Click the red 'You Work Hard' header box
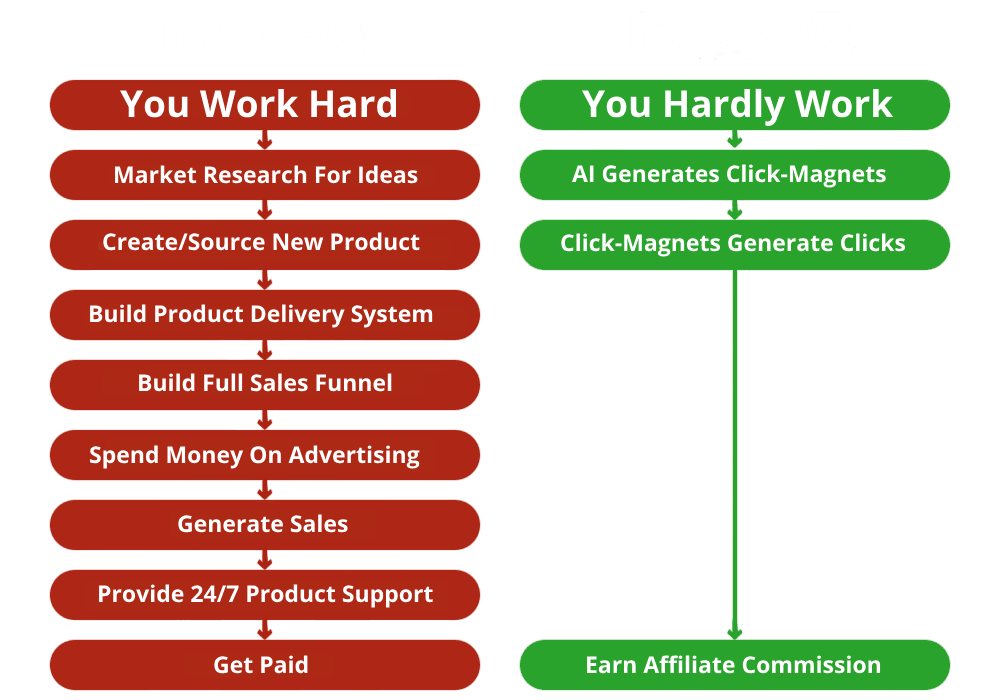tap(265, 105)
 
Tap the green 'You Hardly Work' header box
tap(735, 105)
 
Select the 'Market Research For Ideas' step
tap(265, 175)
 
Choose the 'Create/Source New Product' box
tap(265, 245)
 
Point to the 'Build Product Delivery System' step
tap(265, 315)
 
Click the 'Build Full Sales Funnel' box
tap(265, 385)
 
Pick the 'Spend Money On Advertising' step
tap(265, 455)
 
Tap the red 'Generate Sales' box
tap(265, 525)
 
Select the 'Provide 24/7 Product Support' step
tap(265, 595)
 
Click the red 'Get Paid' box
tap(265, 665)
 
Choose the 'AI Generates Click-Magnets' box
tap(735, 175)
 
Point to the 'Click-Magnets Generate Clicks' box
tap(735, 245)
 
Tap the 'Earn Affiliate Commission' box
tap(735, 665)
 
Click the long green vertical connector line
tap(735, 455)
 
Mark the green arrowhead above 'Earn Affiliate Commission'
tap(735, 634)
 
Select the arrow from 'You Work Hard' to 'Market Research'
tap(265, 140)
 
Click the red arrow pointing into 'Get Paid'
tap(265, 631)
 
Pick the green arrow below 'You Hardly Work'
tap(735, 140)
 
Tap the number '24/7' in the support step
tap(214, 594)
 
